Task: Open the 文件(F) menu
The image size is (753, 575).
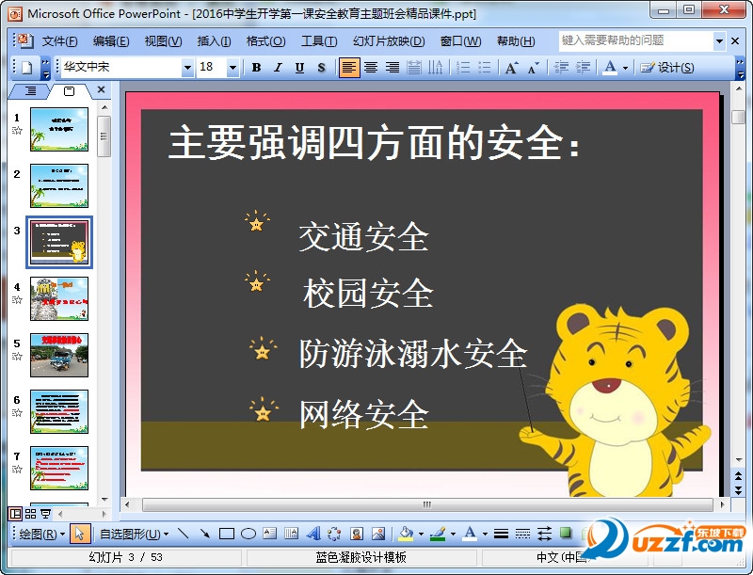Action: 59,41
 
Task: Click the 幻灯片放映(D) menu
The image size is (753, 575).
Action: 389,41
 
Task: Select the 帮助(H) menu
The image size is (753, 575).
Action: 515,41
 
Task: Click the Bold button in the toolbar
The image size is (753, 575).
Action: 257,68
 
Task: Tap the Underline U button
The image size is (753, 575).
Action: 299,68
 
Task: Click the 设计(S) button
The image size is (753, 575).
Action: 668,68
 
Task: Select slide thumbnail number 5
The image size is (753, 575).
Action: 59,355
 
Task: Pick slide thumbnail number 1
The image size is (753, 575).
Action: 59,129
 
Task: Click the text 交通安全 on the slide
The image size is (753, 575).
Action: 363,237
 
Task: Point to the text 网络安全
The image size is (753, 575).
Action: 363,414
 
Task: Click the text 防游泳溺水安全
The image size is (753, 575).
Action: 412,354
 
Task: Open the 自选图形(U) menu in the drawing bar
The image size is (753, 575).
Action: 134,534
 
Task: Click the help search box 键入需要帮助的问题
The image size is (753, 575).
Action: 636,40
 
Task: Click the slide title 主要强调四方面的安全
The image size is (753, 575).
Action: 374,144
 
